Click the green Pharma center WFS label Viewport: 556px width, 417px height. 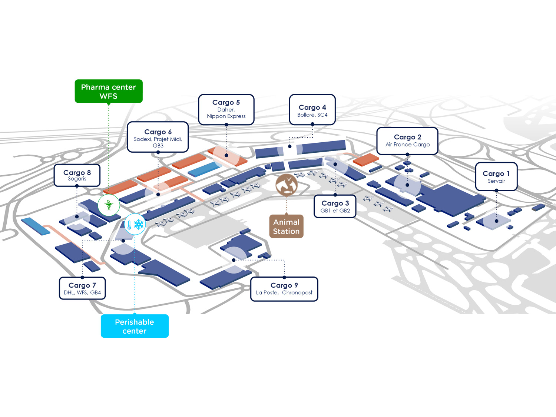coord(109,91)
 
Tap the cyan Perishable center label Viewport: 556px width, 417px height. coord(135,326)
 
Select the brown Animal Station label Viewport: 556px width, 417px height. coord(286,226)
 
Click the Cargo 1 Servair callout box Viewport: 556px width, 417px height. coord(496,177)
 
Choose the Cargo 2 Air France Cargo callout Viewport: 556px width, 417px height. coord(407,141)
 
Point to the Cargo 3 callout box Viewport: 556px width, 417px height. coord(335,206)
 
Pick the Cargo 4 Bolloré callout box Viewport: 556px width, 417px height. coord(312,110)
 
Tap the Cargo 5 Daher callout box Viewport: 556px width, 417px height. coord(226,109)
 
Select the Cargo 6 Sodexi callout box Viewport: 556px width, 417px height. coord(158,137)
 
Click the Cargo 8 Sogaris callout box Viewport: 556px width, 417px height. coord(77,175)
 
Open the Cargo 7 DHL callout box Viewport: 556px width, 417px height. coord(82,288)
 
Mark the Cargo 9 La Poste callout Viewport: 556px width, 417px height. coord(284,289)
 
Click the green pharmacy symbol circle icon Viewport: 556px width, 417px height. coord(109,205)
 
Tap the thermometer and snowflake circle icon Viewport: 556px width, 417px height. coord(135,224)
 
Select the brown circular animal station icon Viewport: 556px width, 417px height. coord(287,185)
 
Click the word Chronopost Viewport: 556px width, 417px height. coord(297,292)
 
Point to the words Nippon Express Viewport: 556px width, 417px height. coord(226,116)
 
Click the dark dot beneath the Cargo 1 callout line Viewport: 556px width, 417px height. coord(496,221)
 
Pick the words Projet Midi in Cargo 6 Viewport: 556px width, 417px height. coord(168,139)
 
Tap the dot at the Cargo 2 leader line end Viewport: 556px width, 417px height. coord(407,185)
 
